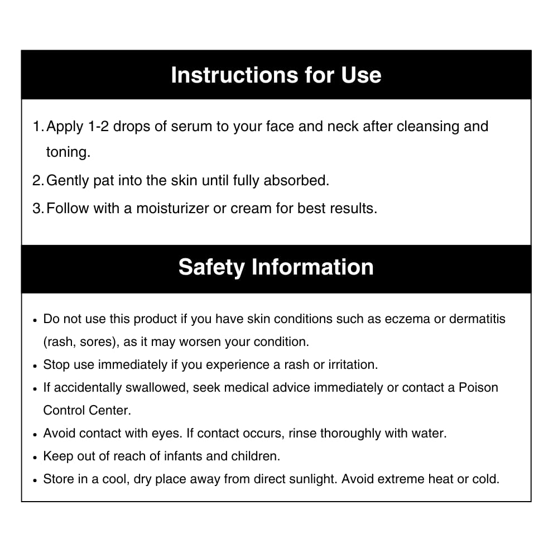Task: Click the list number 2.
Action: coord(37,181)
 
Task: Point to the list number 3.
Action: coord(37,209)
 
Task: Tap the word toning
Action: coord(68,152)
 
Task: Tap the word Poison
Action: coord(478,388)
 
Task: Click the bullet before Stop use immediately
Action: coord(35,366)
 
